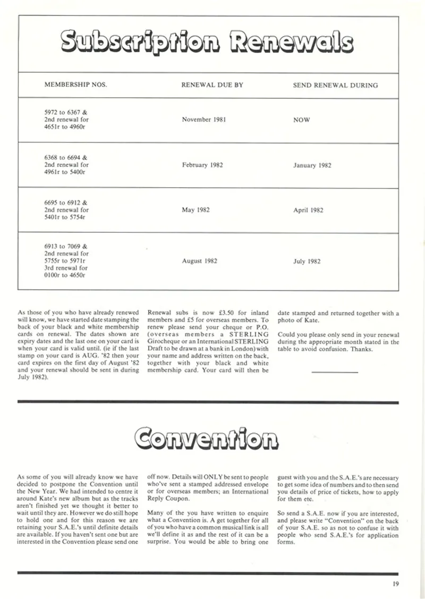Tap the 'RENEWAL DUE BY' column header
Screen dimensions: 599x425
[212, 85]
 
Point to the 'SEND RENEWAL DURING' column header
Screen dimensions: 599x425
[335, 85]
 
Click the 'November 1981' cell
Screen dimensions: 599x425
[204, 120]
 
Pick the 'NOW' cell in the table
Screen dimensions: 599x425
[301, 120]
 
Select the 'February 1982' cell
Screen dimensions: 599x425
[202, 165]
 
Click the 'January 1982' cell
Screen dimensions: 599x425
[312, 165]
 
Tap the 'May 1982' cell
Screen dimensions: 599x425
[195, 210]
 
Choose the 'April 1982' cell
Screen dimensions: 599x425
[308, 210]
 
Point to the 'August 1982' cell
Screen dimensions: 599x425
[199, 261]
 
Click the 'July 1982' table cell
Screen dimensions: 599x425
[307, 261]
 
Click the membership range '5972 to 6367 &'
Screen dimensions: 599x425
[66, 113]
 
